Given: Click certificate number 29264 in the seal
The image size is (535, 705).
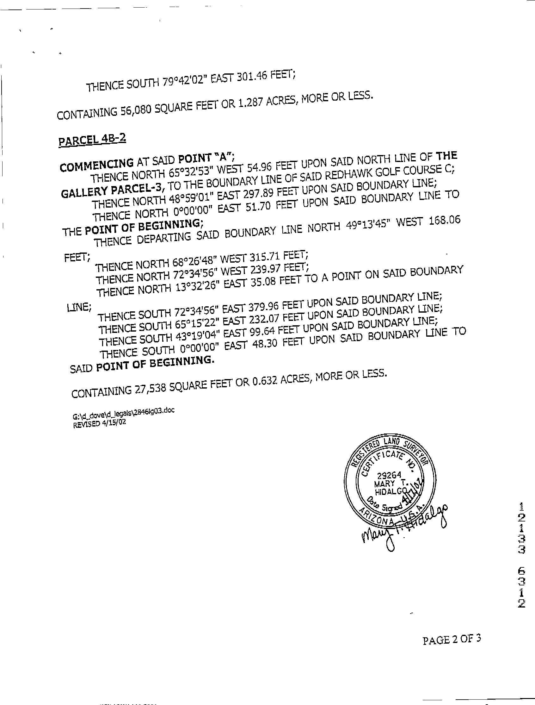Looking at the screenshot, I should (389, 476).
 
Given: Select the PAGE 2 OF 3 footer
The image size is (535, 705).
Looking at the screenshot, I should (451, 639).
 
